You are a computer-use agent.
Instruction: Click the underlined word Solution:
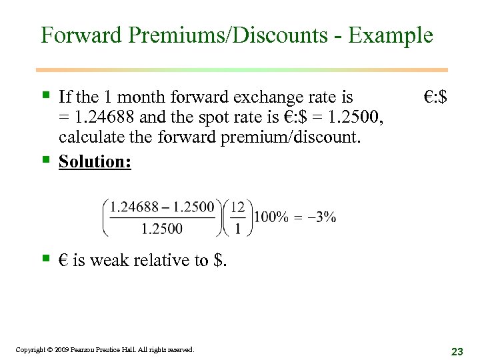coord(95,162)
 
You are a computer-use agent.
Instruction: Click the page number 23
coord(457,351)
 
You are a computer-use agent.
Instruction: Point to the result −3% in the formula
coord(322,217)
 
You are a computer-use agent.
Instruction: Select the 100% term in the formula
coord(271,217)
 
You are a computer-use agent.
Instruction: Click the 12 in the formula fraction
coord(238,207)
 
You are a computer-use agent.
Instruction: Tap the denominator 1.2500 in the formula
coord(161,229)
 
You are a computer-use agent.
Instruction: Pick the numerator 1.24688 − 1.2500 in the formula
coord(162,207)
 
